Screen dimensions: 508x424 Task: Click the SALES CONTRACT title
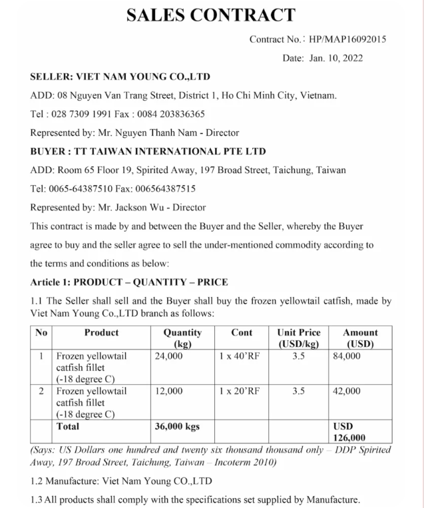(x=211, y=14)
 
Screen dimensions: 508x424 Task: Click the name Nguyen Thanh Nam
(x=148, y=132)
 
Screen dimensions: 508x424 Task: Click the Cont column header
(x=241, y=332)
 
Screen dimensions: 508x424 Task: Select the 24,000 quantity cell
(x=169, y=356)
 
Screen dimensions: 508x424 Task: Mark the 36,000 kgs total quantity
(x=177, y=427)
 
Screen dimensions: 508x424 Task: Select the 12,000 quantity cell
(x=169, y=391)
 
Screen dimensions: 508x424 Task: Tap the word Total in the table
(x=68, y=426)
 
